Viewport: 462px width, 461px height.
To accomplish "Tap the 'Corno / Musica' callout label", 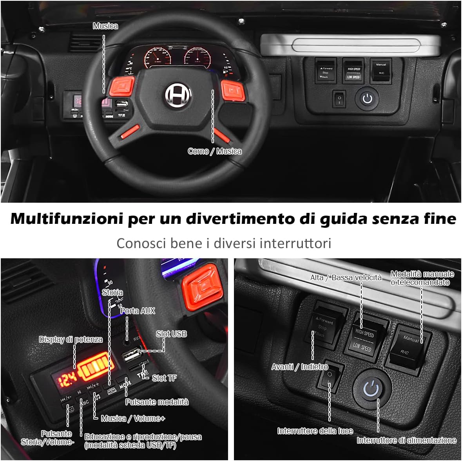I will (x=214, y=151).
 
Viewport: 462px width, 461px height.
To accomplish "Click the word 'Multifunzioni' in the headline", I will (x=66, y=218).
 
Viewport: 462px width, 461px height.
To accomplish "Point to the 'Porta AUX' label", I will (x=138, y=311).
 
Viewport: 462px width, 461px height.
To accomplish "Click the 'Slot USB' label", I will (x=171, y=334).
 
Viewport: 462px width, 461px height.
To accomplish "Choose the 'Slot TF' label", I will (x=164, y=378).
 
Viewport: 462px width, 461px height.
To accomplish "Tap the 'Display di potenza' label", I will (x=71, y=339).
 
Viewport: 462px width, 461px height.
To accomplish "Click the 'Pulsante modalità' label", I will (x=157, y=402).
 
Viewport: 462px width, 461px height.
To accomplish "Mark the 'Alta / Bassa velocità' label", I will (x=346, y=277).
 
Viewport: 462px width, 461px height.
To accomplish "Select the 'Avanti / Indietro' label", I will (x=300, y=367).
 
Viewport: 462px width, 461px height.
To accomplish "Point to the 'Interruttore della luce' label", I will (x=315, y=431).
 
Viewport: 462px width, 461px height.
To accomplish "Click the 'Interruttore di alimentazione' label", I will (x=406, y=440).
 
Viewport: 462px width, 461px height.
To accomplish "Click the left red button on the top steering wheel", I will (x=122, y=88).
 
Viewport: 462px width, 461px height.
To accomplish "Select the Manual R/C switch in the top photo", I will (x=381, y=69).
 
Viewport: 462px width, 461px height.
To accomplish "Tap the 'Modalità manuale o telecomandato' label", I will (x=422, y=278).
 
